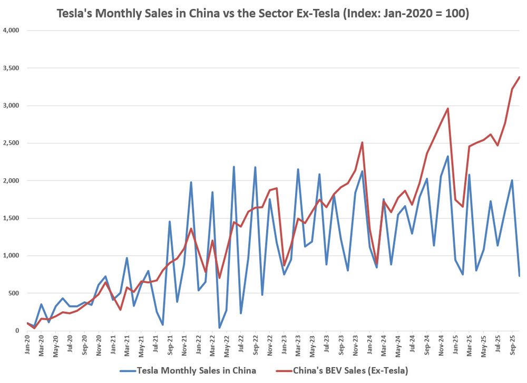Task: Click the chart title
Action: click(x=263, y=12)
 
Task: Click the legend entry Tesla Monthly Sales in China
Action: click(x=197, y=370)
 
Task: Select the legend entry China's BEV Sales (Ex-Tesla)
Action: click(x=350, y=370)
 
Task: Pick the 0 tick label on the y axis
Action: click(x=17, y=331)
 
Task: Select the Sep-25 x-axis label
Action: click(x=512, y=343)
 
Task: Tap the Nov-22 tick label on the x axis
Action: click(x=269, y=343)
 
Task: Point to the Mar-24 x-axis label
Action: click(x=383, y=343)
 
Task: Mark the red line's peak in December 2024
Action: click(x=447, y=109)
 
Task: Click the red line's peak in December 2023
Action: click(x=362, y=142)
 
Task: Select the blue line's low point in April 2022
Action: click(x=220, y=328)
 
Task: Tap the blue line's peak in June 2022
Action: click(x=234, y=167)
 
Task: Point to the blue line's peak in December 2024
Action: click(x=447, y=156)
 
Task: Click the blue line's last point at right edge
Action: click(x=519, y=276)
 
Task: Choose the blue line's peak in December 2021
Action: click(x=191, y=182)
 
